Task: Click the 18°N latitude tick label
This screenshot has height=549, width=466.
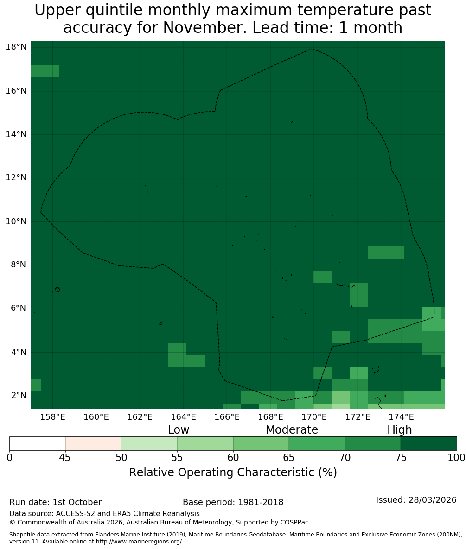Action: tap(16, 47)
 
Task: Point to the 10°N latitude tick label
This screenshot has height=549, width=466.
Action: tap(16, 221)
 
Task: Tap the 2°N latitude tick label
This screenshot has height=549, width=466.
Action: tap(19, 395)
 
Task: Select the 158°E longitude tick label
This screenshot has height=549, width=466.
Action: tap(52, 417)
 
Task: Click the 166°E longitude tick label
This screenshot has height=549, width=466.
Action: tap(227, 417)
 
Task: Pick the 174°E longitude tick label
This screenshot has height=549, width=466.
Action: tap(401, 417)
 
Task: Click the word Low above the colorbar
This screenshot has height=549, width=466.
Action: tap(179, 429)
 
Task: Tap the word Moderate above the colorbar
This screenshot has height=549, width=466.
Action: tap(292, 429)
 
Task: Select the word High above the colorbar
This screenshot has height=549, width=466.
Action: tap(399, 430)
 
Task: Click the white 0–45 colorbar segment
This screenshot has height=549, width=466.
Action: tap(38, 444)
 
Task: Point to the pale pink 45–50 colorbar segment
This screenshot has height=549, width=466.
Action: tap(93, 444)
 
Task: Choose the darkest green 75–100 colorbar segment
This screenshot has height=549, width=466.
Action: tap(428, 444)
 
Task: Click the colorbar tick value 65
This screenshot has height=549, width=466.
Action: tap(289, 458)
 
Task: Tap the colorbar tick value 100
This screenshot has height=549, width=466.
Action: tap(457, 458)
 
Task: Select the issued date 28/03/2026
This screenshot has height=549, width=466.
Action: tap(432, 500)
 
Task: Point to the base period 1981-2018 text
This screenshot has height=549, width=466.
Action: tap(261, 502)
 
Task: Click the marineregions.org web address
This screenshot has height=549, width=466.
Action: tap(139, 541)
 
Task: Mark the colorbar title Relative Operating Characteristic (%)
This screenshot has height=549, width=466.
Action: tap(233, 472)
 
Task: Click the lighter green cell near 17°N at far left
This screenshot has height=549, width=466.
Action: tap(45, 71)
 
